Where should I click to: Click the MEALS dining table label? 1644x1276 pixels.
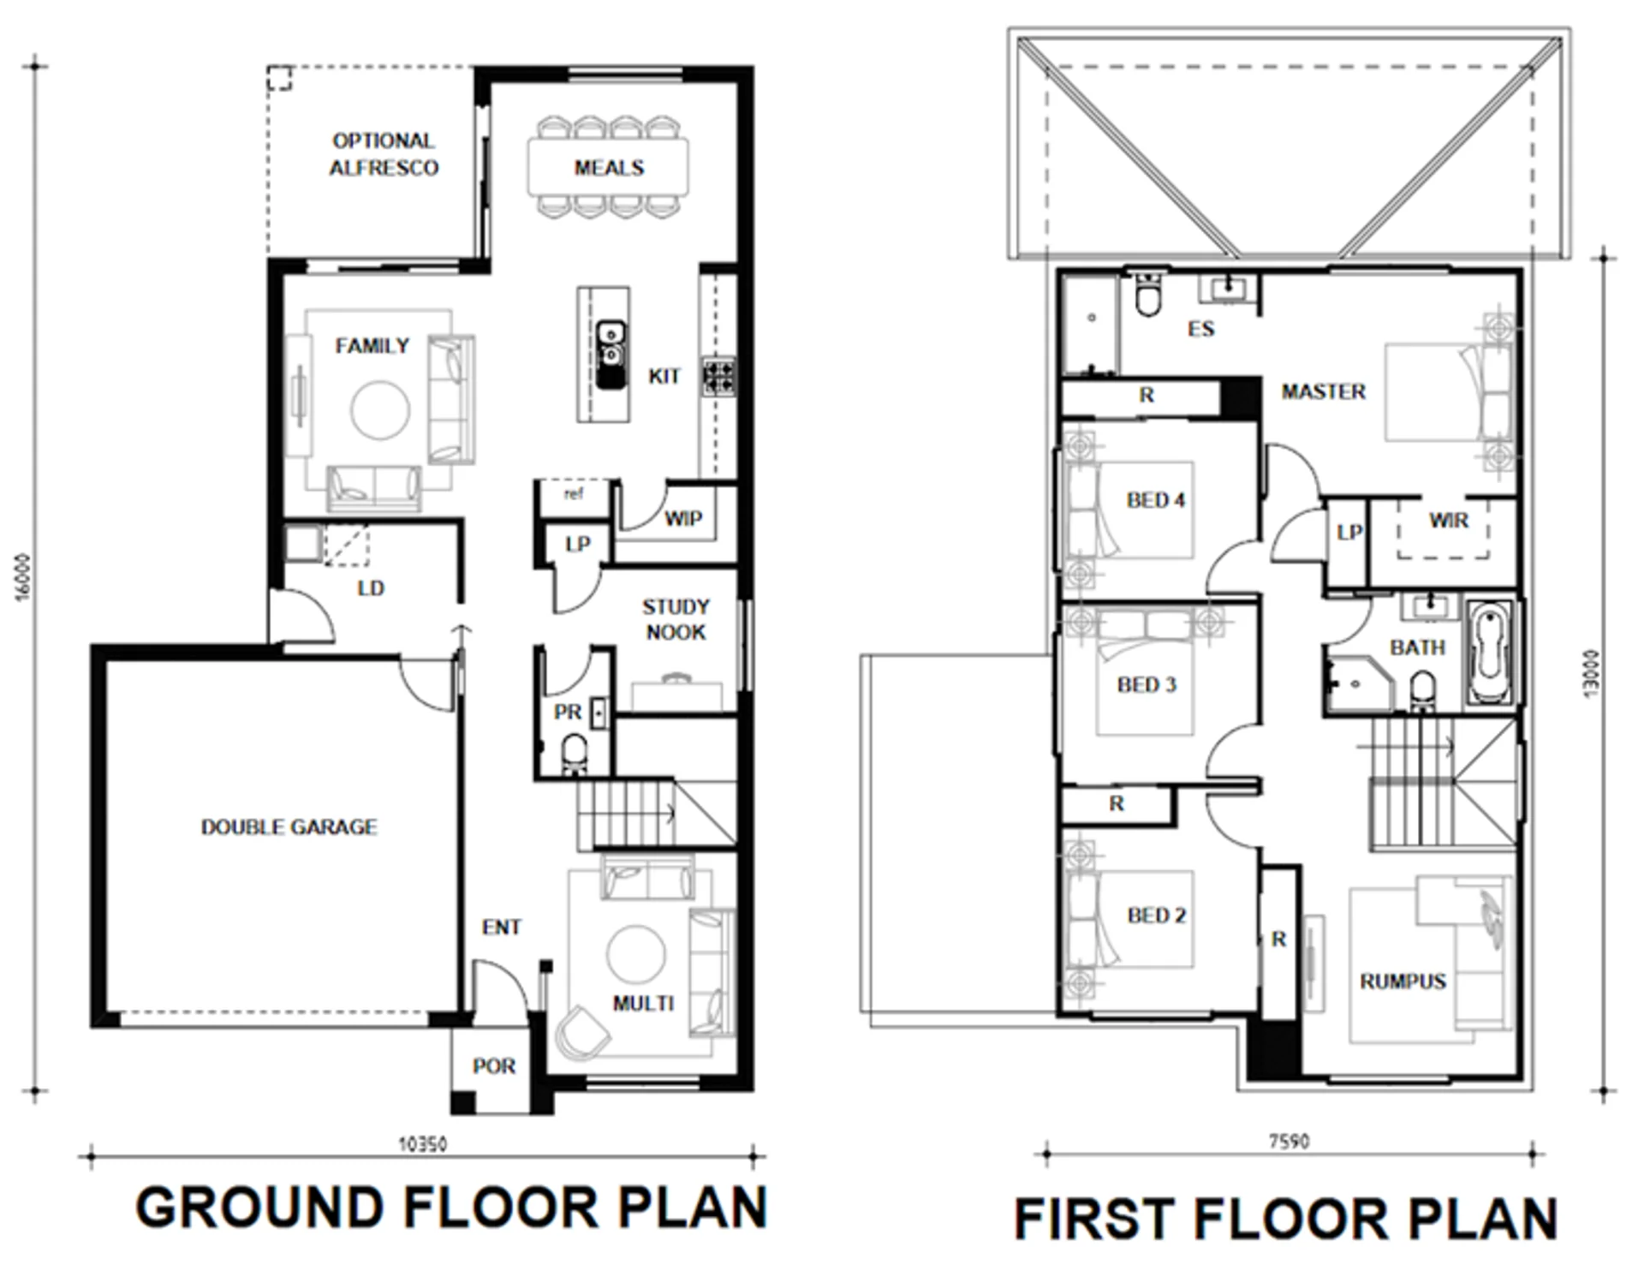click(x=609, y=168)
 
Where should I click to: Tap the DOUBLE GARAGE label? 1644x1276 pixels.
click(x=289, y=827)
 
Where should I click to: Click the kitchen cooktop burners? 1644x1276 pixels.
click(x=718, y=377)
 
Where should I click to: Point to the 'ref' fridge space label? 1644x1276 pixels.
click(x=574, y=493)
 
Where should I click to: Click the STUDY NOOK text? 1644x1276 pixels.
click(x=676, y=619)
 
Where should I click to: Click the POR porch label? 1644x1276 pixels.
click(x=494, y=1066)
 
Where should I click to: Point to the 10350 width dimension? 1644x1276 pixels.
click(x=422, y=1144)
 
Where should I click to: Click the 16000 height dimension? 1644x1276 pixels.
click(x=23, y=577)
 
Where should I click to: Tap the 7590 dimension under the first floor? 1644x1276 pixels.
click(x=1289, y=1142)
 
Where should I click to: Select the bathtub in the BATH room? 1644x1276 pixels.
click(x=1491, y=654)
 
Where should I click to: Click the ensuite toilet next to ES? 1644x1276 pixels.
click(x=1147, y=295)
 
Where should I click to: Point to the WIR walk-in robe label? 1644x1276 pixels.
click(x=1448, y=520)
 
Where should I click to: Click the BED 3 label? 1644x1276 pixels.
click(x=1147, y=684)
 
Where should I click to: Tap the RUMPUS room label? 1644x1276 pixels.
click(x=1403, y=981)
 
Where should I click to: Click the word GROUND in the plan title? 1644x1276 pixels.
click(x=259, y=1207)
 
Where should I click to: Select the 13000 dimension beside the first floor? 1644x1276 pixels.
click(x=1590, y=674)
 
